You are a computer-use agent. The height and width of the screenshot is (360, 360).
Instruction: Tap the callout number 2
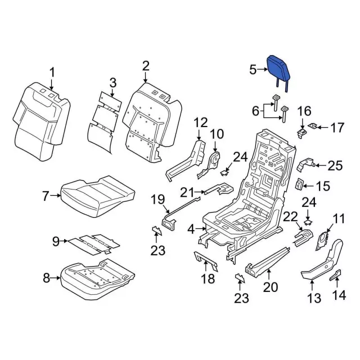pyautogui.click(x=146, y=66)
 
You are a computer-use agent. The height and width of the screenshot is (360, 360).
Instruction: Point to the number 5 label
pyautogui.click(x=253, y=70)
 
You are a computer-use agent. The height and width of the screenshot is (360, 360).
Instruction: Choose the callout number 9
pyautogui.click(x=56, y=241)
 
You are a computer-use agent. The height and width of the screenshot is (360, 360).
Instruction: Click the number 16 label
pyautogui.click(x=304, y=110)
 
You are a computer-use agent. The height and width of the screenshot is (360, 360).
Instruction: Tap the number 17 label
pyautogui.click(x=336, y=128)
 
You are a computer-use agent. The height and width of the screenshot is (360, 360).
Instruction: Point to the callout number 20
pyautogui.click(x=270, y=287)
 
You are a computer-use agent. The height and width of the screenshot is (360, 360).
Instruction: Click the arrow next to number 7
pyautogui.click(x=56, y=196)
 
